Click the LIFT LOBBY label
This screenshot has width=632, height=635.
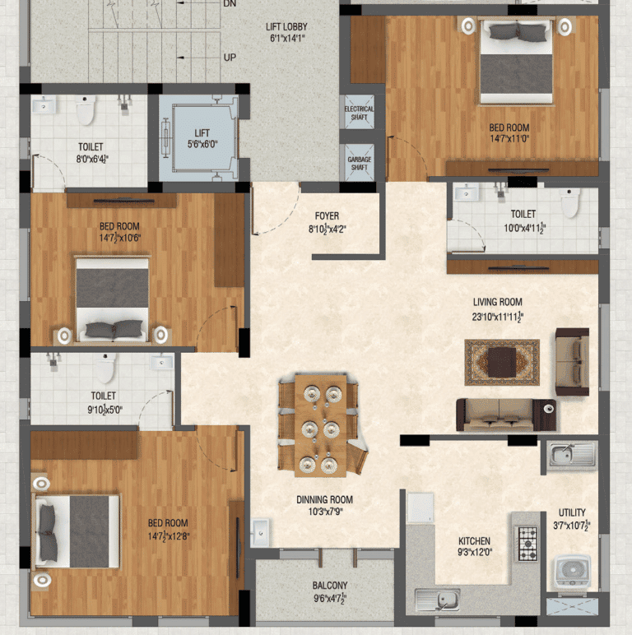[x=287, y=32]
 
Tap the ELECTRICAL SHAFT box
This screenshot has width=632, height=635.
[x=358, y=113]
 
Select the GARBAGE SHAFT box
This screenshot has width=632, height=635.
[x=358, y=163]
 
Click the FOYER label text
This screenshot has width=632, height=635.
[x=327, y=222]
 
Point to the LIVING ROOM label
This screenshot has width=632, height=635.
[x=497, y=308]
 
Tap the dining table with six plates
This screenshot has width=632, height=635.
[x=320, y=425]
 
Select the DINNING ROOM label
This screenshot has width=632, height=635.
[x=324, y=504]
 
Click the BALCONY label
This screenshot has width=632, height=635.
[x=329, y=591]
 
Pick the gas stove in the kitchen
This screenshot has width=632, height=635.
[x=527, y=538]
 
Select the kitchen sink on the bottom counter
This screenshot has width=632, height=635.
[x=437, y=600]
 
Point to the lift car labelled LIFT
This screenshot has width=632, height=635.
[x=202, y=137]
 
